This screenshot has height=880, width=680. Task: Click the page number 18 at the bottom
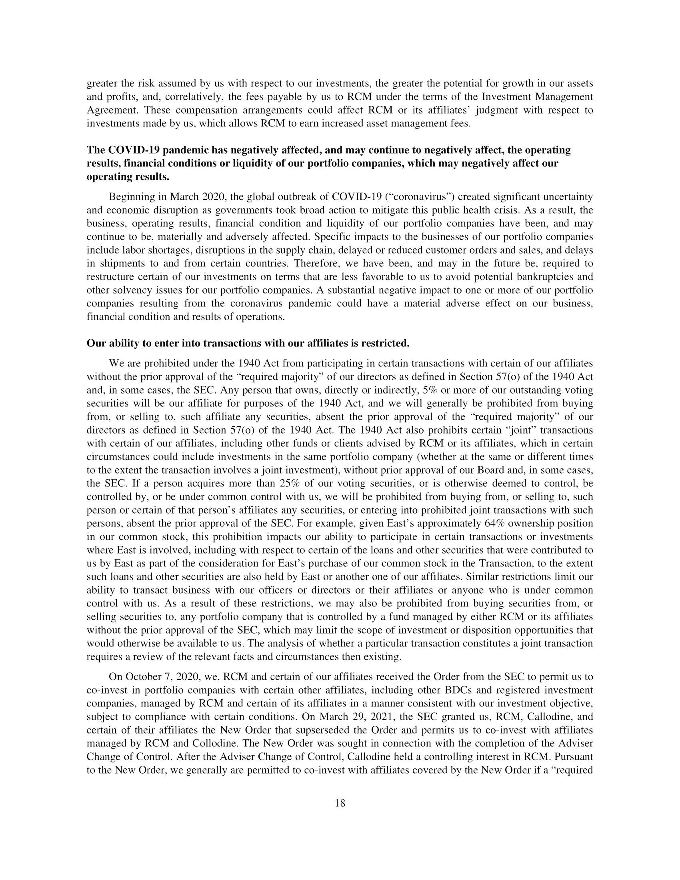click(340, 803)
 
